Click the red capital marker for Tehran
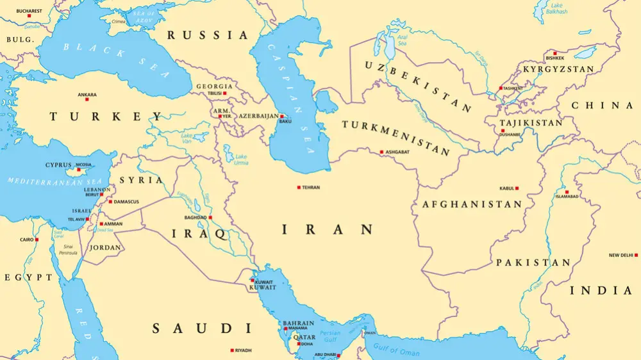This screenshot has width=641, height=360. coord(299,187)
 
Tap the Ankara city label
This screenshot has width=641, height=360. coord(87,95)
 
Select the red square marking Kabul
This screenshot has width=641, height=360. coord(517,188)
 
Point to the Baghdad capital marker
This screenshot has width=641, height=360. coord(210,217)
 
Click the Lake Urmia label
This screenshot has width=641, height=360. coord(241,160)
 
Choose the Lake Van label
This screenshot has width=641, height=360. coord(187,138)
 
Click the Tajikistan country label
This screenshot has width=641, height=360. coord(531,122)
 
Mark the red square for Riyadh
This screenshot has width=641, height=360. coord(231,350)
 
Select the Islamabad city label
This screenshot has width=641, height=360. coord(567,197)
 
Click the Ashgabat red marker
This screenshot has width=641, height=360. coord(382,152)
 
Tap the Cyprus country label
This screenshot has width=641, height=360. coord(58,165)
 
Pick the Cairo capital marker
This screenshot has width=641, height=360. coord(37,240)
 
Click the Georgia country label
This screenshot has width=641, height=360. coord(214,86)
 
